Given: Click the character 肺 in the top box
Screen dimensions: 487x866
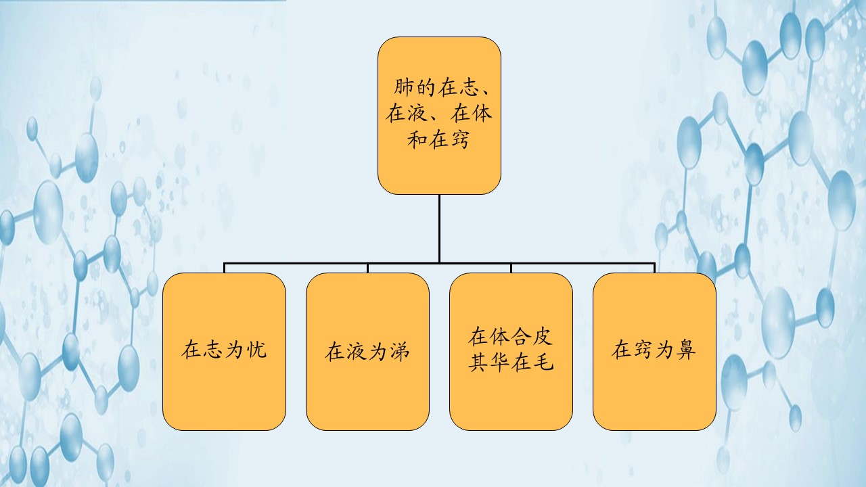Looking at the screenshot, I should (406, 89).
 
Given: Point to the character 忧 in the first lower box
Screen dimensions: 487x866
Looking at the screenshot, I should (256, 351).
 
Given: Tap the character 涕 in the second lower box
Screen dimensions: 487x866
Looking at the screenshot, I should (399, 352).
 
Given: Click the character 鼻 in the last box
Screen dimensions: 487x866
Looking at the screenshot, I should (686, 350).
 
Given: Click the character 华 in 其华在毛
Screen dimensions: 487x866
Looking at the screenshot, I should (500, 363).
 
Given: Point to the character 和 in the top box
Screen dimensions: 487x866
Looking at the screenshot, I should (417, 140).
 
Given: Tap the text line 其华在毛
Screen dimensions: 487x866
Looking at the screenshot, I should (511, 363).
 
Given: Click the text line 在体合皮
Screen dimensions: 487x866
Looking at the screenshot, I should (511, 338).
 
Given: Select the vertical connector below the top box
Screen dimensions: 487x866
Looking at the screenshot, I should (439, 228).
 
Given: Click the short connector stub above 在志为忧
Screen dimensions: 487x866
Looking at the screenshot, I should (224, 268).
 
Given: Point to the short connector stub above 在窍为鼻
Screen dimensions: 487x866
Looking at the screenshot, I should (654, 268).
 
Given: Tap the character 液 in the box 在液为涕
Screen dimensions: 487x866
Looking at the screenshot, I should (357, 352).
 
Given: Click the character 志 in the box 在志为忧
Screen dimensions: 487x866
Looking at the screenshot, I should (213, 351).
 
